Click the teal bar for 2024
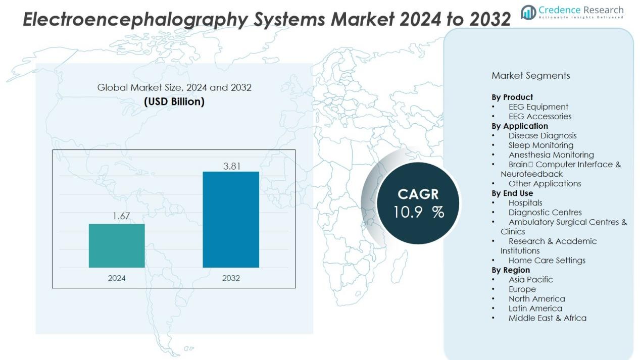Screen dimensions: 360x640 117,246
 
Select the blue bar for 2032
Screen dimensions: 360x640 231,220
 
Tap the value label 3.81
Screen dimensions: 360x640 232,166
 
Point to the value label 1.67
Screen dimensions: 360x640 121,216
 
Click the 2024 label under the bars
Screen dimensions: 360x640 117,278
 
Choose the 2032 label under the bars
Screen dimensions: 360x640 231,278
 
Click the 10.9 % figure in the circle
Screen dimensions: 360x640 419,213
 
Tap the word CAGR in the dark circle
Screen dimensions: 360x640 418,194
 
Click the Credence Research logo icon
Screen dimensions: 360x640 528,12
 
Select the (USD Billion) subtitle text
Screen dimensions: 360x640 174,101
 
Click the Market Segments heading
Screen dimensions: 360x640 530,76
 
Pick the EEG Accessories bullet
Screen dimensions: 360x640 539,117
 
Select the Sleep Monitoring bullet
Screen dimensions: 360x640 540,145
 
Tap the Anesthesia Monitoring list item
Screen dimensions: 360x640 551,155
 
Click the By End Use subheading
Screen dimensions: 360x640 512,193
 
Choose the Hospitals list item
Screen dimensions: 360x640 525,203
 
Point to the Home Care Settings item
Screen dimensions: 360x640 547,261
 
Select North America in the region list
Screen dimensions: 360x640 536,299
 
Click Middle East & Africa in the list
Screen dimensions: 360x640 547,318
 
